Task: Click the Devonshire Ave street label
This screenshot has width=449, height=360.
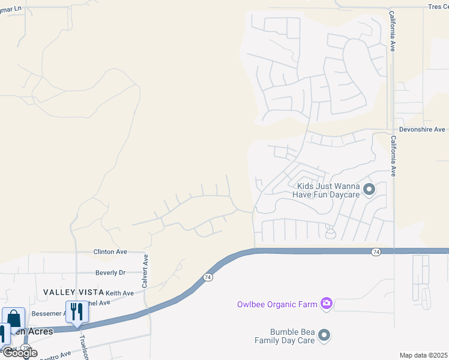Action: (422, 130)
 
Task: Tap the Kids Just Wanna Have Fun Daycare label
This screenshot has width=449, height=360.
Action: (327, 191)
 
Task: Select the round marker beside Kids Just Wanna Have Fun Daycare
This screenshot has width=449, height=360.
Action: (369, 191)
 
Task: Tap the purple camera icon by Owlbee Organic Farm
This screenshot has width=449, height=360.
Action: (326, 304)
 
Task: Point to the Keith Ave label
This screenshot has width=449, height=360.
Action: (119, 293)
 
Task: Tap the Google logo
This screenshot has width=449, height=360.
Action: (20, 353)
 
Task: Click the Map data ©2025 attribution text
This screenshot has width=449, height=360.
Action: (423, 355)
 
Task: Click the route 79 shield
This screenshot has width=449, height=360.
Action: (26, 347)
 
